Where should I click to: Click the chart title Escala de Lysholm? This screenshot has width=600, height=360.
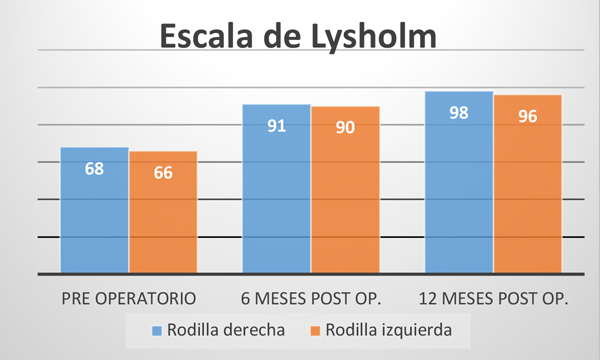pyautogui.click(x=298, y=36)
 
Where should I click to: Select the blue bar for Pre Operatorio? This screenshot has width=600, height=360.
pyautogui.click(x=95, y=210)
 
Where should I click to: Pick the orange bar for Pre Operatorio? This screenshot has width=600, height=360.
pyautogui.click(x=163, y=212)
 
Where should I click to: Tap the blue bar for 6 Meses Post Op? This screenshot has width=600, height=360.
pyautogui.click(x=277, y=189)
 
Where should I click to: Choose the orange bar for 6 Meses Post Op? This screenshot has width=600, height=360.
pyautogui.click(x=346, y=190)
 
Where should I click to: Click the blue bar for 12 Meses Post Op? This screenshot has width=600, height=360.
pyautogui.click(x=459, y=182)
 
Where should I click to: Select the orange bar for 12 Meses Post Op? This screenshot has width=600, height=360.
pyautogui.click(x=528, y=184)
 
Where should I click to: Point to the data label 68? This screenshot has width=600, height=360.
pyautogui.click(x=95, y=169)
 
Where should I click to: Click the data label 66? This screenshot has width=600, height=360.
pyautogui.click(x=163, y=173)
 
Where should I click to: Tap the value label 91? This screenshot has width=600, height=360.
pyautogui.click(x=277, y=126)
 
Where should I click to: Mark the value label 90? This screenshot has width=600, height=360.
pyautogui.click(x=346, y=127)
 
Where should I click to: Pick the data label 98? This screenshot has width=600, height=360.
pyautogui.click(x=459, y=113)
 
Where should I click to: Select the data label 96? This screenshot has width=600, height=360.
pyautogui.click(x=528, y=116)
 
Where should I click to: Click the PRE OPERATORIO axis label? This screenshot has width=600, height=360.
pyautogui.click(x=129, y=299)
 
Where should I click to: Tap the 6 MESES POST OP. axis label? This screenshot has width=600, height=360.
pyautogui.click(x=311, y=299)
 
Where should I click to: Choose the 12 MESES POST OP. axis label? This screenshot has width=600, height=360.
pyautogui.click(x=494, y=299)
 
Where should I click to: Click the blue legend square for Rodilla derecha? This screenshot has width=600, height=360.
pyautogui.click(x=157, y=331)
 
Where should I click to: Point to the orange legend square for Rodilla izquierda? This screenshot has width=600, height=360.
pyautogui.click(x=315, y=331)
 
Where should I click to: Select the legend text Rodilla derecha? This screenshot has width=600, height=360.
pyautogui.click(x=226, y=330)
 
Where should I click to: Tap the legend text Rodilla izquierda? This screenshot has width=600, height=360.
pyautogui.click(x=389, y=330)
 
